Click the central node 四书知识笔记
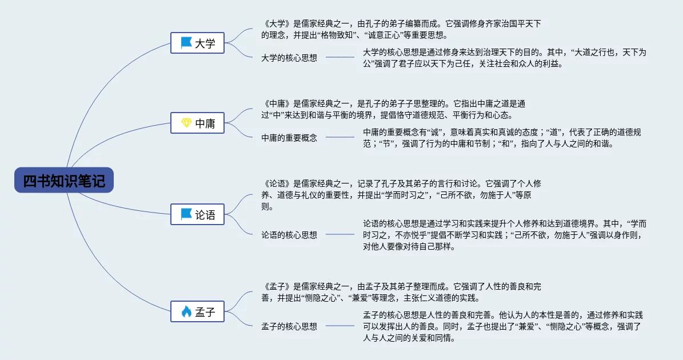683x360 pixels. tap(64, 180)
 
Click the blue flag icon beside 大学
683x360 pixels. tap(186, 43)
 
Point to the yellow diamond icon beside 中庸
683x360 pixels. tap(186, 123)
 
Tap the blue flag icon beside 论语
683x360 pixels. tap(186, 215)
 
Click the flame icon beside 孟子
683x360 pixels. tap(186, 311)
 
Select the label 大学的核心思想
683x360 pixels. tap(289, 58)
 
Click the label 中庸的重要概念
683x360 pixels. tap(289, 138)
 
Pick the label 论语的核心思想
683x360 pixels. tap(289, 235)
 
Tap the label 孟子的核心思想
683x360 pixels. tap(289, 326)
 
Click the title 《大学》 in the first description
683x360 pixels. tap(277, 23)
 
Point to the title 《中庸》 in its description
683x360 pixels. tap(277, 103)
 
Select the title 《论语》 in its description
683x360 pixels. tap(277, 183)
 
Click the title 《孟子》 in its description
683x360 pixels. tap(277, 286)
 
